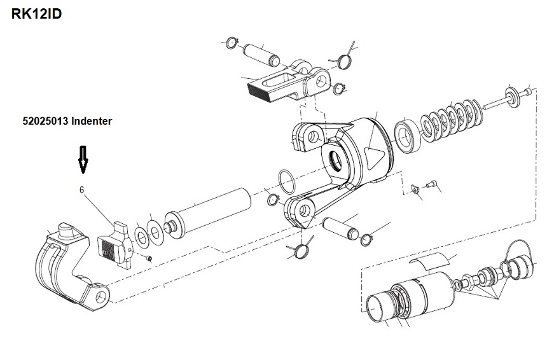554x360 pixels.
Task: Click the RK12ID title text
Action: [x=36, y=14]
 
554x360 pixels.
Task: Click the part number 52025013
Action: [x=45, y=121]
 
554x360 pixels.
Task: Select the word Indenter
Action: [x=92, y=121]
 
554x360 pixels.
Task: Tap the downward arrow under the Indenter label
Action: [x=83, y=160]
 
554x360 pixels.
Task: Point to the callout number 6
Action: [x=81, y=190]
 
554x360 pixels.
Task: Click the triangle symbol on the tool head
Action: [x=374, y=158]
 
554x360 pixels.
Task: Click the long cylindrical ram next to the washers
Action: [x=208, y=216]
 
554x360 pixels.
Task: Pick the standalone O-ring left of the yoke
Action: [x=287, y=182]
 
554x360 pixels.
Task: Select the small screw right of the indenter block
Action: [x=149, y=259]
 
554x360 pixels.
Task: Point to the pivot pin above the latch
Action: [x=261, y=55]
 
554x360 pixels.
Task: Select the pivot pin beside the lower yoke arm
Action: [x=340, y=228]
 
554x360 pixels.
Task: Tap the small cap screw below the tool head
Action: [x=432, y=184]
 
